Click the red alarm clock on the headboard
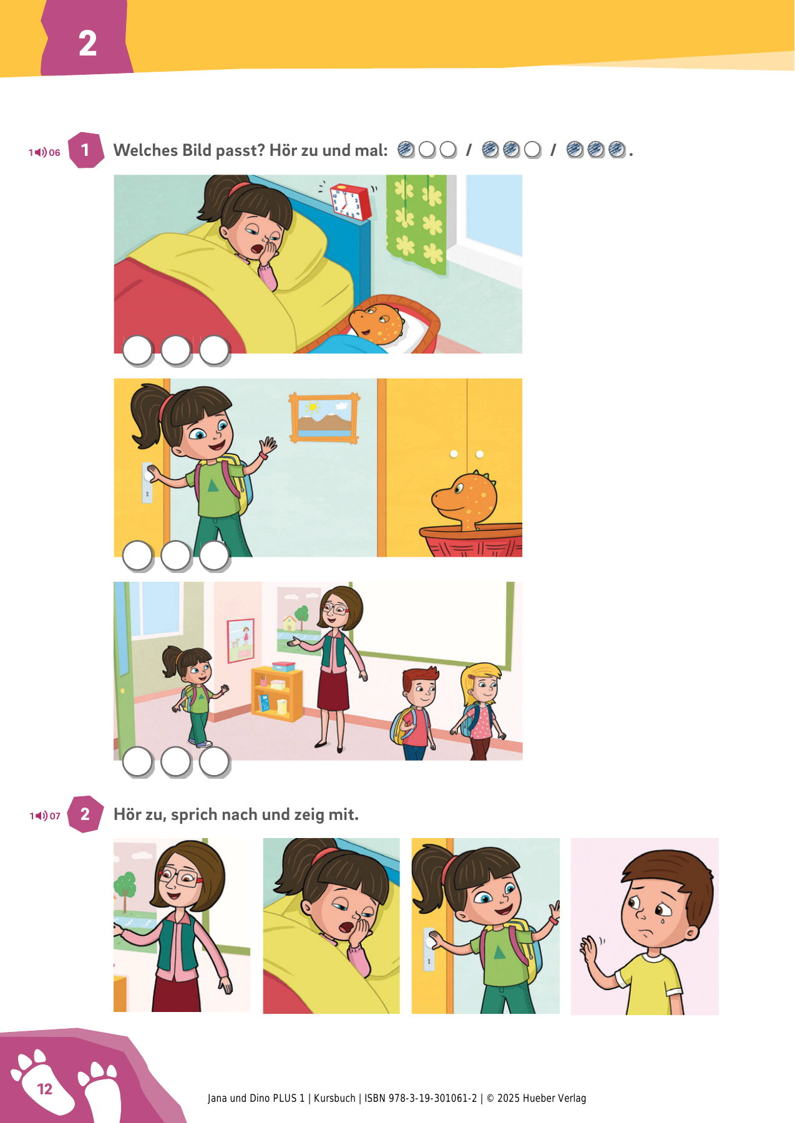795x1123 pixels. [350, 201]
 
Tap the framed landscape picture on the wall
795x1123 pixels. [324, 418]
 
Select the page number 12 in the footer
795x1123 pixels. [45, 1089]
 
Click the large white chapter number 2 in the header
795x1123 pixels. [87, 44]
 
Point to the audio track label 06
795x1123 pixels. [54, 153]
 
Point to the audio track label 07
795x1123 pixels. [55, 816]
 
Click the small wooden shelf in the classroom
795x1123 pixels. [277, 692]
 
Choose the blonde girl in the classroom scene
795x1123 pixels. [479, 711]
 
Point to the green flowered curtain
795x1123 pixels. [417, 224]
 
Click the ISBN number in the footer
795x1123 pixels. [421, 1098]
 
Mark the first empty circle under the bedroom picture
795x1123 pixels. [137, 350]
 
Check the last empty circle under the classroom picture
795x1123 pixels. [214, 761]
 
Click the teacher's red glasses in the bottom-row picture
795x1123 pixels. [181, 877]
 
